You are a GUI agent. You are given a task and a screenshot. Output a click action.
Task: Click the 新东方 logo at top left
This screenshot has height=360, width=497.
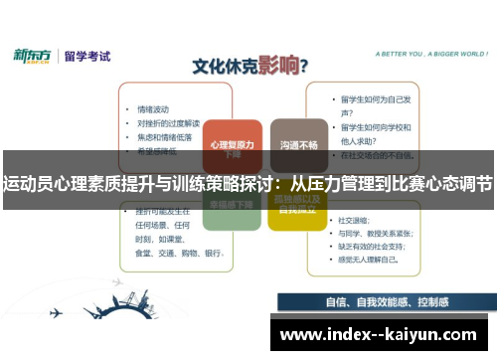pyautogui.click(x=32, y=57)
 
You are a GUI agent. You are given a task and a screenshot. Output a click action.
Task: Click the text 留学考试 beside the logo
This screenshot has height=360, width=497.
pyautogui.click(x=86, y=57)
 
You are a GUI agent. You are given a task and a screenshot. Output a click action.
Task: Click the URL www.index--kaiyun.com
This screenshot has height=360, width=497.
pyautogui.click(x=378, y=335)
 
